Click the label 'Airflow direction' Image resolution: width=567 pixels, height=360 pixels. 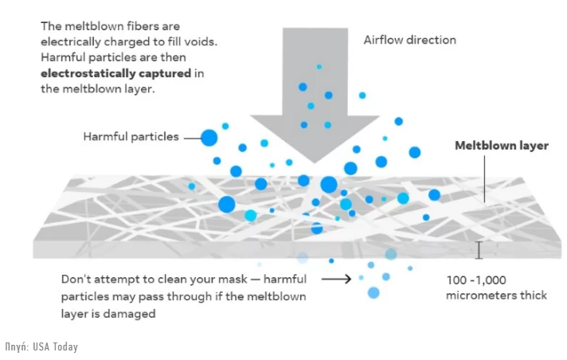tap(409, 40)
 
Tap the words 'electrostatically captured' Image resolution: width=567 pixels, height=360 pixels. tap(115, 73)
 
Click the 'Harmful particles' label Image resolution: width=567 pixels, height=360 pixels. tap(131, 137)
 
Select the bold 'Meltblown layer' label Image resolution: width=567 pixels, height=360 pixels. tap(502, 146)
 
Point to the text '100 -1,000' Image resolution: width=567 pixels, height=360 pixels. tap(476, 280)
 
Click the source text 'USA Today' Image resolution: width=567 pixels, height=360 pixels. tap(55, 346)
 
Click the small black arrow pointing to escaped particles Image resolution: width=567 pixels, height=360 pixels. tap(336, 279)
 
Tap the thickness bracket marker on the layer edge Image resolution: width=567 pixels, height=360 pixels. tap(479, 250)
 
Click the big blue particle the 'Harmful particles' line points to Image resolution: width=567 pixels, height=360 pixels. tap(209, 138)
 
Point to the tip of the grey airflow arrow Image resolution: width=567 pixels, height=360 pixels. tap(315, 162)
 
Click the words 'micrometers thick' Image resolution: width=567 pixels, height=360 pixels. tap(496, 295)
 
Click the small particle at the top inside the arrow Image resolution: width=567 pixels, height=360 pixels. tap(319, 67)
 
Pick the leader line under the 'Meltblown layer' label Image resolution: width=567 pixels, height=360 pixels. tap(484, 178)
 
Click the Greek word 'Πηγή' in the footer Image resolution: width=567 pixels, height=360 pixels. tap(17, 346)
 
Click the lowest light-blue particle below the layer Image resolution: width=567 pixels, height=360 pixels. tap(373, 292)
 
